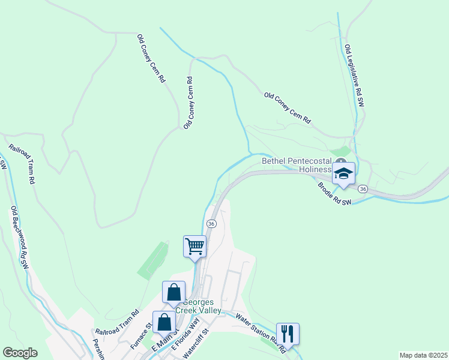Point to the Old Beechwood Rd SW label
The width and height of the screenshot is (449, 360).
(x=19, y=236)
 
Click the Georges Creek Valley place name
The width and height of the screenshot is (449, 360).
(x=202, y=307)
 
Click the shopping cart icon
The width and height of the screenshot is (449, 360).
(x=194, y=246)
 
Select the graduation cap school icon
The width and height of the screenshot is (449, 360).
(x=343, y=173)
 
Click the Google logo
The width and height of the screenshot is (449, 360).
(x=20, y=353)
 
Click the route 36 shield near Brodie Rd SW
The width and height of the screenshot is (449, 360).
(x=363, y=189)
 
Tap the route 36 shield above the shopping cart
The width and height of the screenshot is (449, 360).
(x=211, y=223)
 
